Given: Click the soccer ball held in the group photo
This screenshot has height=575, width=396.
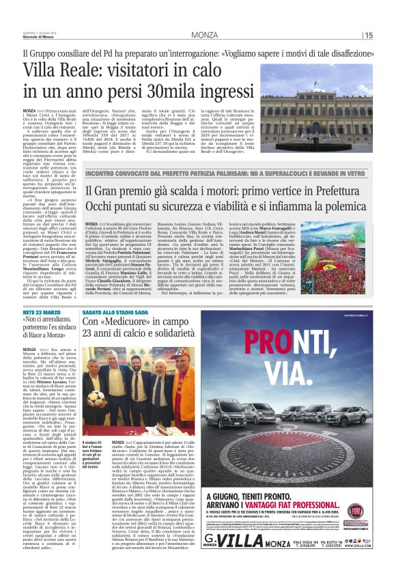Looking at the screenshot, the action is (96, 397).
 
